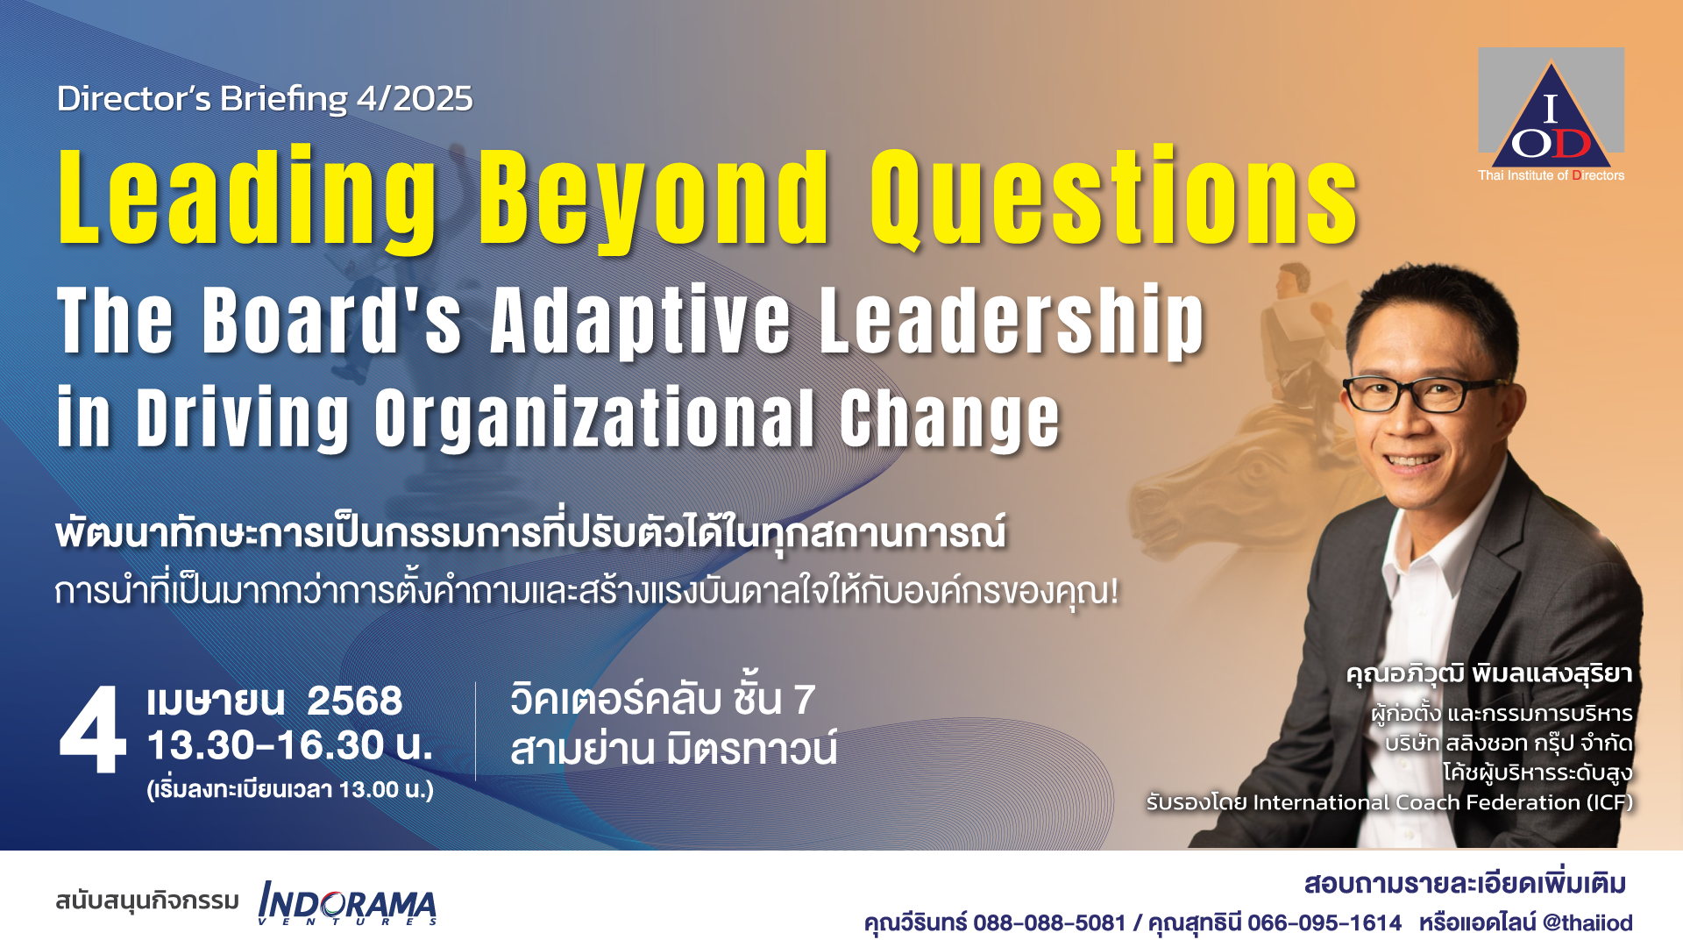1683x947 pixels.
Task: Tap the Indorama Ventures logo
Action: click(348, 903)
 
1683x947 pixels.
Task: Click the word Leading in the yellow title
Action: click(247, 199)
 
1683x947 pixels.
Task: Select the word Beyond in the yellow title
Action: click(653, 199)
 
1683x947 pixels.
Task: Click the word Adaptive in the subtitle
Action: click(641, 321)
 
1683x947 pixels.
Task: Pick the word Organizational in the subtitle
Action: click(595, 419)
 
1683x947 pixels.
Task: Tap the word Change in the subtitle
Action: click(950, 419)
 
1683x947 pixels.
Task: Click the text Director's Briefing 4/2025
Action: click(265, 99)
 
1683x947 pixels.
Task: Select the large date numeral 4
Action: click(92, 730)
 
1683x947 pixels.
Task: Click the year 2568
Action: click(355, 701)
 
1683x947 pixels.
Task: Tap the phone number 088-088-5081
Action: click(1049, 923)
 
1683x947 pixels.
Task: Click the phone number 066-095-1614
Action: click(1324, 923)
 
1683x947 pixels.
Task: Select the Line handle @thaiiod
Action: click(1587, 923)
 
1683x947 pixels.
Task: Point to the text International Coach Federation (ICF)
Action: click(1443, 802)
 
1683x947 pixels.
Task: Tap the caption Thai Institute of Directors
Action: click(1551, 175)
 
